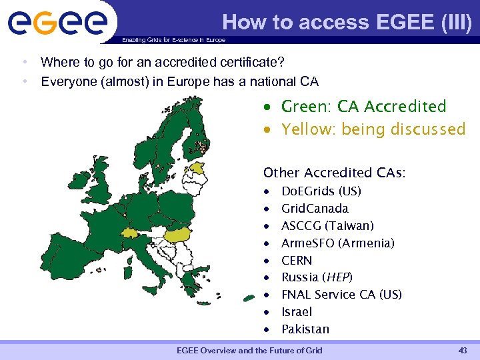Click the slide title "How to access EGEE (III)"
click(x=347, y=23)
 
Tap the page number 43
click(x=463, y=351)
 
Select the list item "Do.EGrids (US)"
click(x=321, y=191)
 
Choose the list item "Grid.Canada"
click(x=315, y=209)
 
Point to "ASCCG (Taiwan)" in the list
click(x=327, y=226)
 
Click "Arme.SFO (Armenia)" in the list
click(x=338, y=243)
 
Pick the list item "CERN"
click(x=297, y=261)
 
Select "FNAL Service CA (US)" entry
click(x=341, y=295)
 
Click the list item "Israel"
click(x=297, y=312)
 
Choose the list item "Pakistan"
click(x=305, y=329)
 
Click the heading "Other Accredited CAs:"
click(x=335, y=173)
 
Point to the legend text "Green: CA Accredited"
click(x=363, y=107)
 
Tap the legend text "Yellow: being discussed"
click(x=373, y=129)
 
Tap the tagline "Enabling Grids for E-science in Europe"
click(x=173, y=40)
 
